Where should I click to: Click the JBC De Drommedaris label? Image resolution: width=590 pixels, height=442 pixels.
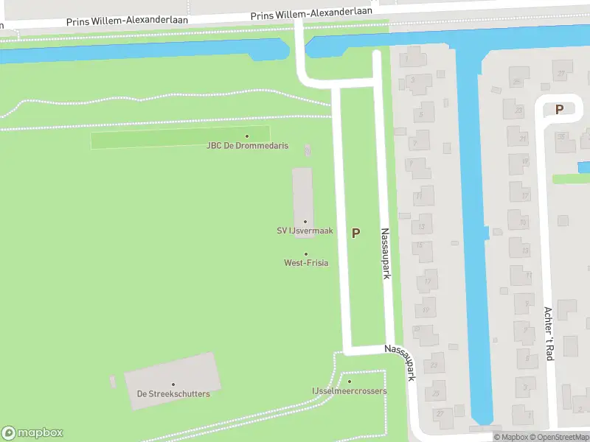click(x=247, y=146)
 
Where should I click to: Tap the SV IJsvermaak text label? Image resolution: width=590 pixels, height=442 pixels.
click(x=305, y=231)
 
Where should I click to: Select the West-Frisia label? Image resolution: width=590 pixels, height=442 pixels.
click(x=306, y=263)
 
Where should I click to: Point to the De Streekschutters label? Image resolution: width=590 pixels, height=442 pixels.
click(x=173, y=394)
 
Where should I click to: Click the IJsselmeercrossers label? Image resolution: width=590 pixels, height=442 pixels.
click(x=349, y=391)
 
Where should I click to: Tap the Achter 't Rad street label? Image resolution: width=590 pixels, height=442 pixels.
click(x=549, y=333)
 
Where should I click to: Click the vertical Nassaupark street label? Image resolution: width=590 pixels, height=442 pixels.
click(x=385, y=253)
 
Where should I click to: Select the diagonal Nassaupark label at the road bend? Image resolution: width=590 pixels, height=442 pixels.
click(x=401, y=362)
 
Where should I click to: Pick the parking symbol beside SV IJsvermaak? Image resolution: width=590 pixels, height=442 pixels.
click(x=356, y=233)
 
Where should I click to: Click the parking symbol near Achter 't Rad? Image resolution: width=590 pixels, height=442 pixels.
click(x=559, y=109)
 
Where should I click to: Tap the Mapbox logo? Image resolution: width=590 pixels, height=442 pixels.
click(x=32, y=433)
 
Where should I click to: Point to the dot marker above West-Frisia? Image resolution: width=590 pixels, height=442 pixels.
click(x=306, y=254)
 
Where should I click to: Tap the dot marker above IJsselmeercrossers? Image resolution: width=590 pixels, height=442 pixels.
click(x=350, y=382)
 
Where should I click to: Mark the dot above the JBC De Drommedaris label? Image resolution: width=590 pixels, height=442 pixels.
click(x=247, y=136)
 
